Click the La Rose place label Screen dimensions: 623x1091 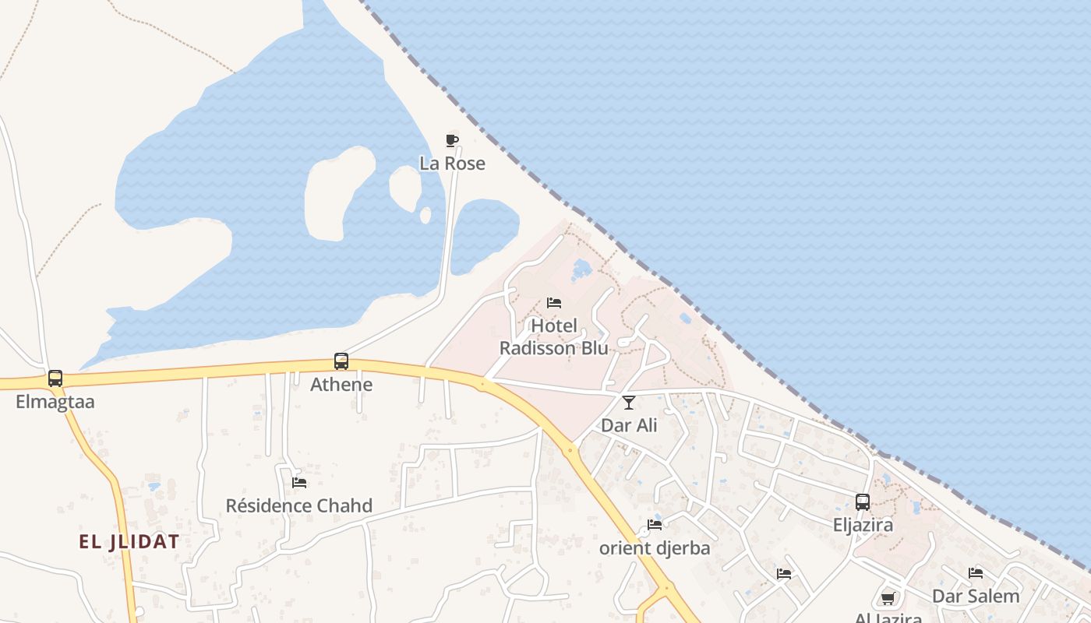pos(452,164)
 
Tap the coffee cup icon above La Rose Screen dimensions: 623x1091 pos(451,140)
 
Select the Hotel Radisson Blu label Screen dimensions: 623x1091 pos(553,336)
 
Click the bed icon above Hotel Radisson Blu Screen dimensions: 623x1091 pos(554,302)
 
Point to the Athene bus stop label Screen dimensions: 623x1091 pos(341,385)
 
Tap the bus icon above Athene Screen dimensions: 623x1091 pos(341,361)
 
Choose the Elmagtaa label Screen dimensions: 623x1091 pos(55,403)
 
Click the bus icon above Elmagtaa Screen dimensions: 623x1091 pos(55,378)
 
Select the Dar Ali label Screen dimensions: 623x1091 pos(629,426)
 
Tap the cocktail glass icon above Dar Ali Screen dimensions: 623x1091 pos(629,403)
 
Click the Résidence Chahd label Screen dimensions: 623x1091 pos(299,506)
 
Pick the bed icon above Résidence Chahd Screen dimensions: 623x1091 pos(299,483)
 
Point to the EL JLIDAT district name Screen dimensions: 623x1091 pos(129,542)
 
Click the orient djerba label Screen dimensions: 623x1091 pos(655,548)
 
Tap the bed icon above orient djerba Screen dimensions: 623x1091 pos(655,525)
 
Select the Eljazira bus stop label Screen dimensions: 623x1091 pos(863,526)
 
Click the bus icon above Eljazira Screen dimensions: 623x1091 pos(863,502)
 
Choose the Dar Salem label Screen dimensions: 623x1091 pos(976,597)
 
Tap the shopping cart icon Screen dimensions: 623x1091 pos(888,598)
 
